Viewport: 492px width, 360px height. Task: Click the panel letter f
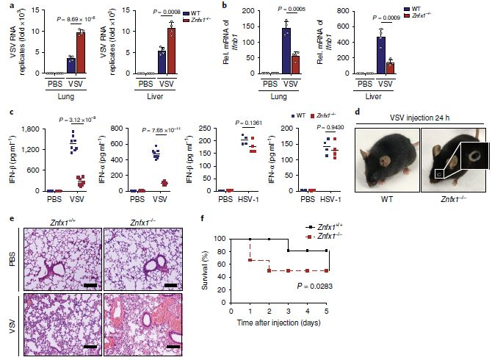(203, 217)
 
